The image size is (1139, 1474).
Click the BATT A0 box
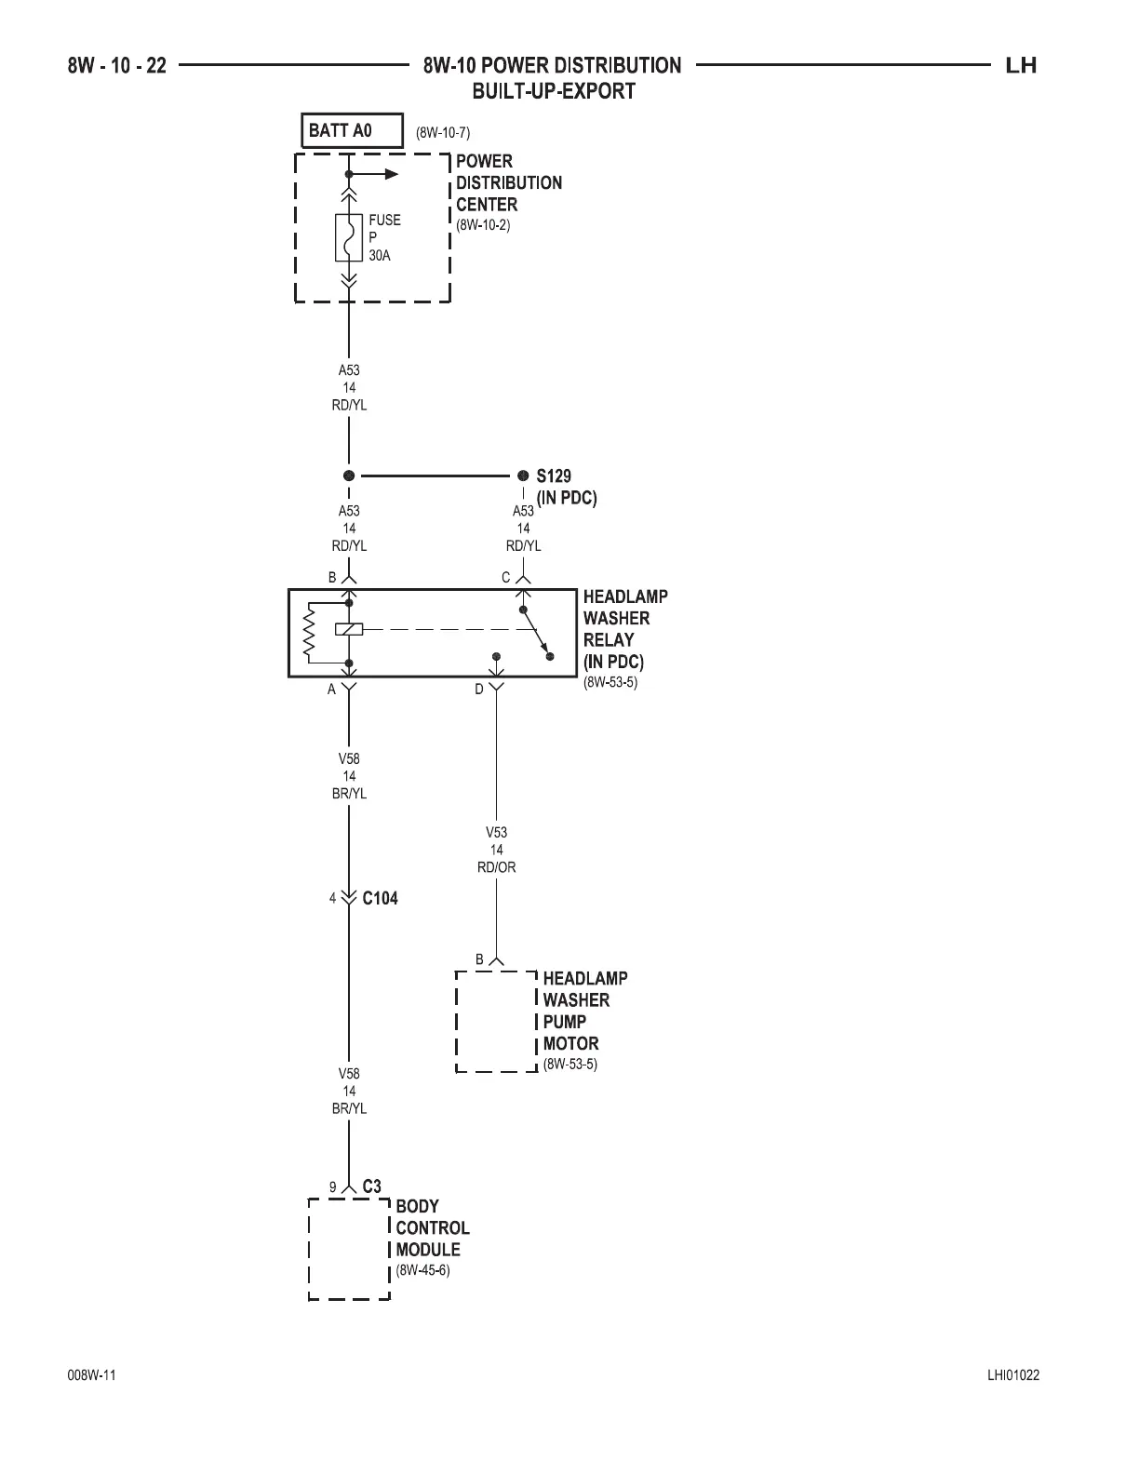pyautogui.click(x=352, y=130)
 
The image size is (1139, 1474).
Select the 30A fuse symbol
pyautogui.click(x=349, y=238)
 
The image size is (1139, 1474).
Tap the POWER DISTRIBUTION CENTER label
pyautogui.click(x=508, y=182)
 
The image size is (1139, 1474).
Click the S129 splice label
pyautogui.click(x=554, y=476)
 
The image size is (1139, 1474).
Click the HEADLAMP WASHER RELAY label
pyautogui.click(x=624, y=629)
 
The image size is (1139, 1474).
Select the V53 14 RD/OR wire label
pyautogui.click(x=496, y=850)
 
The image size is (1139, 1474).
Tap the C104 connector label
pyautogui.click(x=380, y=899)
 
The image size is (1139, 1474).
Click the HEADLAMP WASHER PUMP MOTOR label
pyautogui.click(x=584, y=1011)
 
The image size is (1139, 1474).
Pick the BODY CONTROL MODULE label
pyautogui.click(x=432, y=1227)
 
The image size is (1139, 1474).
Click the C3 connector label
pyautogui.click(x=371, y=1186)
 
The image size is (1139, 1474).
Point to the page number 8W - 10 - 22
pyautogui.click(x=117, y=65)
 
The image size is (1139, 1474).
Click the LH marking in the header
pyautogui.click(x=1021, y=65)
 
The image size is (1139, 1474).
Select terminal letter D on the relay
pyautogui.click(x=479, y=690)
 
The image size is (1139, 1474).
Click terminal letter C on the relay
pyautogui.click(x=506, y=577)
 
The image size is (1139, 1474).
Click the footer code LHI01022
pyautogui.click(x=1013, y=1376)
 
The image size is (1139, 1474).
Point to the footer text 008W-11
pyautogui.click(x=91, y=1376)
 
